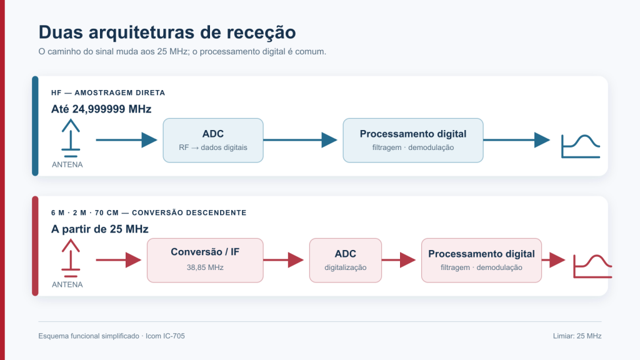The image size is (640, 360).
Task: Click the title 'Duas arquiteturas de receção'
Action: pos(167,32)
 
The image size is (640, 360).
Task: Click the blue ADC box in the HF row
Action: pos(213,141)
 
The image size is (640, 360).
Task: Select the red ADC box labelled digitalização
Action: pos(345,261)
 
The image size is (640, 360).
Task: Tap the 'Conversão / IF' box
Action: pos(205,261)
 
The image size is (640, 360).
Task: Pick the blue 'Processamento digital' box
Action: pos(413,141)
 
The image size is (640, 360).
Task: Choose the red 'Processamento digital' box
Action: pos(481,261)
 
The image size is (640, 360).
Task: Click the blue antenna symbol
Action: pos(71,138)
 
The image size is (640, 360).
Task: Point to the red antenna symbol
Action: pos(71,258)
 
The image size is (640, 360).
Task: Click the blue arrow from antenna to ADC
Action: pos(126,140)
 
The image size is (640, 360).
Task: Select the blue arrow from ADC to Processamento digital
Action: pos(301,140)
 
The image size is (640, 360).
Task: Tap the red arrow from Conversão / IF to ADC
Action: pos(284,260)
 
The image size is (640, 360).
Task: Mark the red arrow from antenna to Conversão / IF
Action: pos(119,260)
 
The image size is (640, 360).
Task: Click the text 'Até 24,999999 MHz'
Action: pos(101,109)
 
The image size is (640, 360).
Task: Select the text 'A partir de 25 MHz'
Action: pos(99,229)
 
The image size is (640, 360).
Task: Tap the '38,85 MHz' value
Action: pos(205,267)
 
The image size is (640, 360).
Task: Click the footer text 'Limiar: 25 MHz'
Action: pos(577,336)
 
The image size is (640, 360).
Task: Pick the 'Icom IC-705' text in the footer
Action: pos(165,336)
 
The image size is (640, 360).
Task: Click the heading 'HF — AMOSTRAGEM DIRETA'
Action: pos(108,92)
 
